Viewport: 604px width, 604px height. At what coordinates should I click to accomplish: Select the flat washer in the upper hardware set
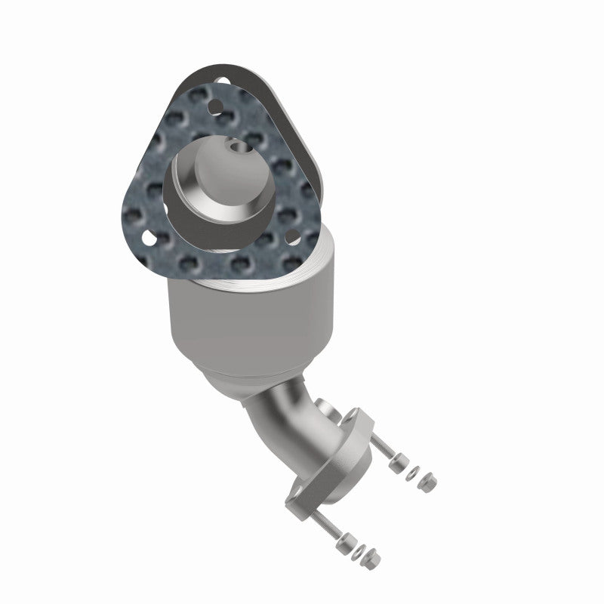pyautogui.click(x=411, y=472)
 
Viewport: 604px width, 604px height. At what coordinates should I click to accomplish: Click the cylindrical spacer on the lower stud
pyautogui.click(x=347, y=541)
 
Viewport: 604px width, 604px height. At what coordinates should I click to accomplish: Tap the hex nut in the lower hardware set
pyautogui.click(x=378, y=560)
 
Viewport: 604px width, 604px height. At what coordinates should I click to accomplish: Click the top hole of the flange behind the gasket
pyautogui.click(x=220, y=79)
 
